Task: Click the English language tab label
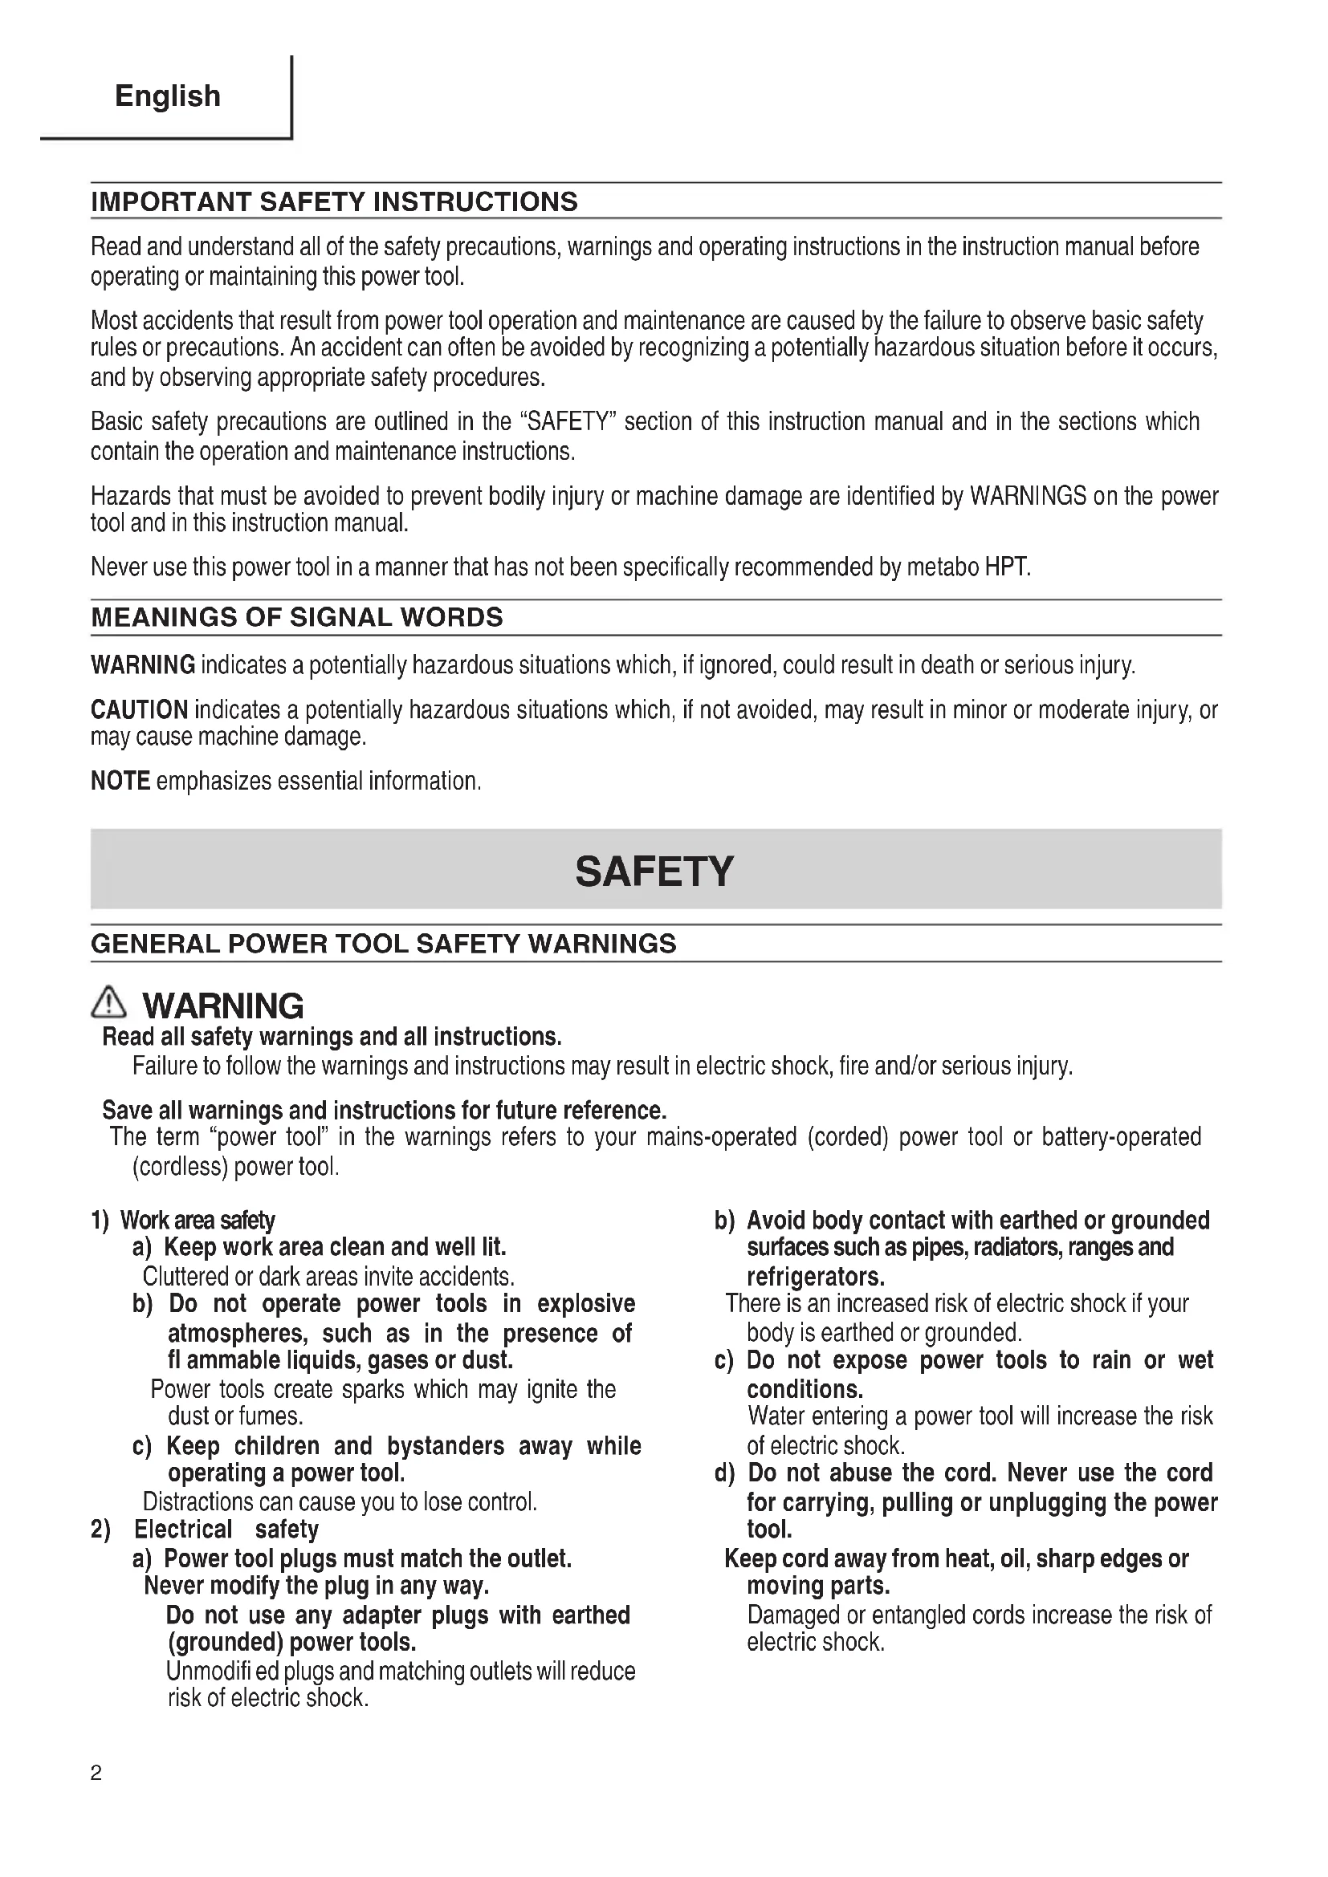168,96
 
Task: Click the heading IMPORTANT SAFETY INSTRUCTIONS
334,202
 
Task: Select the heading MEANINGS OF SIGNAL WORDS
297,617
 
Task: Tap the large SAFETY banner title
655,871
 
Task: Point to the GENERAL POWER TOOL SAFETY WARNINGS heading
384,945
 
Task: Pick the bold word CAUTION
139,709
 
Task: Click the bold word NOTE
120,782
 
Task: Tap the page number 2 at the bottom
96,1773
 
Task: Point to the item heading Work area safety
197,1221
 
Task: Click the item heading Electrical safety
226,1530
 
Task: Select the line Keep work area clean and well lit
335,1248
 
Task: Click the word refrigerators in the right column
815,1277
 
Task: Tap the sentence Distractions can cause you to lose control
340,1501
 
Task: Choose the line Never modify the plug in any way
316,1586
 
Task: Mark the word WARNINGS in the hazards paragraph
1028,496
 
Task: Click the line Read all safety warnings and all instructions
331,1038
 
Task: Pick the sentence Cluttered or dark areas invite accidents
328,1277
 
